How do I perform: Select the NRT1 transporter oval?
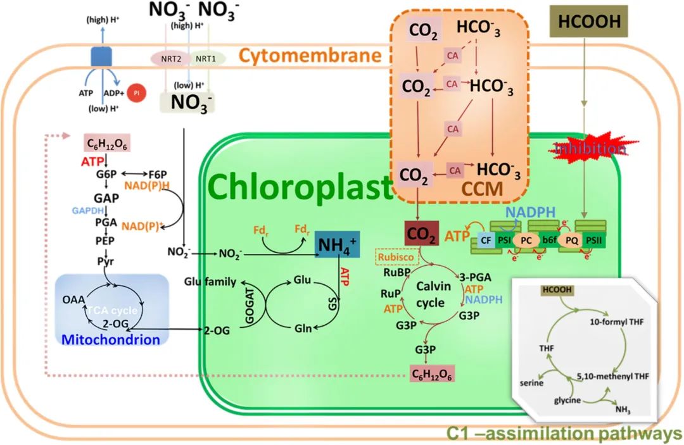click(205, 58)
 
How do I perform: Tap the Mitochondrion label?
click(110, 339)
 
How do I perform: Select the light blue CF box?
click(486, 241)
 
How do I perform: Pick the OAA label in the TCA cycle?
click(73, 299)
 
